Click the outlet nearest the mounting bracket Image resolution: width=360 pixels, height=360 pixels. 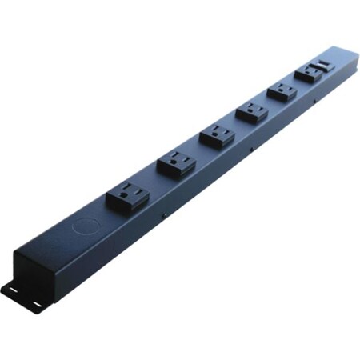pos(127,196)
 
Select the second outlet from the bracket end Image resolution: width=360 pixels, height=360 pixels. pos(176,164)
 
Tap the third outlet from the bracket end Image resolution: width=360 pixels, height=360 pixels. pos(217,135)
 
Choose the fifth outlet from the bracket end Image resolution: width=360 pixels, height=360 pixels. pos(282,91)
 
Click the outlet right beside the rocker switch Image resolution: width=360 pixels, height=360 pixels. pos(307,74)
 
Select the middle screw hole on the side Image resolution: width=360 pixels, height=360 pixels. pos(251,148)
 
